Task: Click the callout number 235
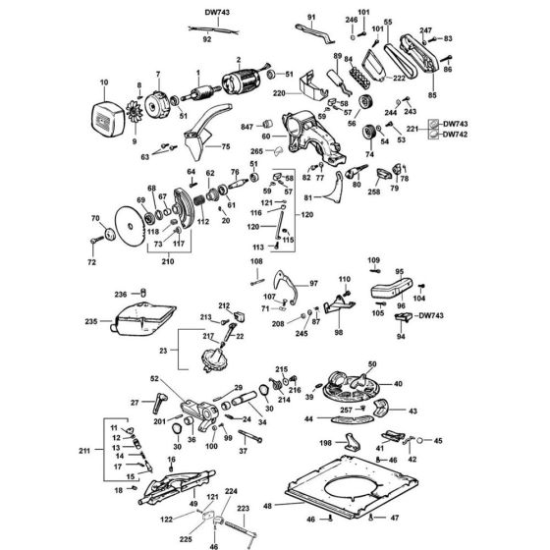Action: [92, 320]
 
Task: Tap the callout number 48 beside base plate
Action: [269, 506]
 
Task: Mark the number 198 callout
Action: [325, 444]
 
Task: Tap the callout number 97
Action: [315, 283]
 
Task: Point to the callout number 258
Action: [374, 194]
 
